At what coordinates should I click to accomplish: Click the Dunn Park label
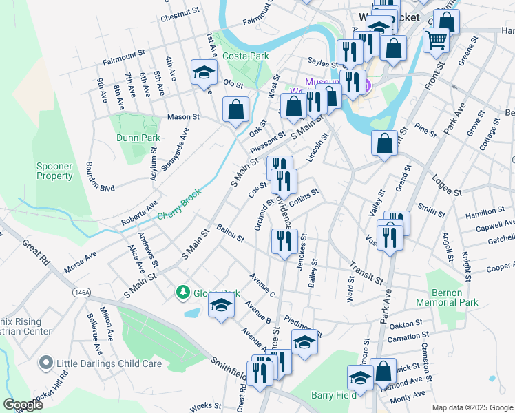click(x=138, y=138)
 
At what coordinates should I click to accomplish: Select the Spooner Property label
click(x=54, y=171)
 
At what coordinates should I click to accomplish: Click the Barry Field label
click(x=333, y=395)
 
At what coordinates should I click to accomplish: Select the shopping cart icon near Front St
click(x=436, y=41)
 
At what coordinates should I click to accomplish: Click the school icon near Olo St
click(x=204, y=73)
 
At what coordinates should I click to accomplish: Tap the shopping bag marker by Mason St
click(x=235, y=109)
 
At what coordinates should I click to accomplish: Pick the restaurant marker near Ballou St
click(x=283, y=242)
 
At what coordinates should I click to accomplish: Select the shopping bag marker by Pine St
click(x=385, y=143)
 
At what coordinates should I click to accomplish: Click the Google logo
click(x=23, y=404)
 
